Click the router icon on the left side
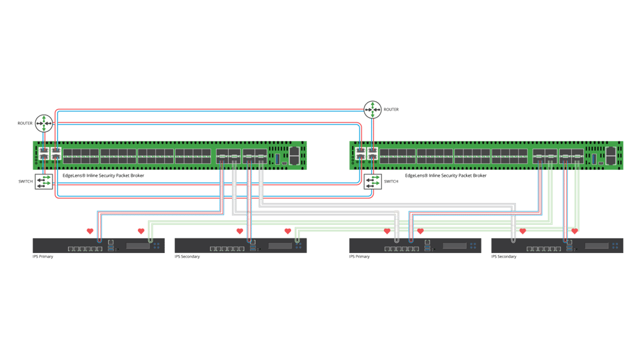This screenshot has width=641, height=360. (x=44, y=122)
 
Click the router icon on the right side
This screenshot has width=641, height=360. (x=372, y=110)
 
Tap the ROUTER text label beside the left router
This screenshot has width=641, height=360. (x=26, y=122)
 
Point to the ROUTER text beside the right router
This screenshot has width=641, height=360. (x=391, y=110)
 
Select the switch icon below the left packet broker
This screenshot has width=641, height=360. (x=44, y=183)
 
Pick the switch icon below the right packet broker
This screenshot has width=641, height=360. (x=372, y=182)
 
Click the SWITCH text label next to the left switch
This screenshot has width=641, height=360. (x=26, y=183)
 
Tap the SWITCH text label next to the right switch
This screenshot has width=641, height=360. (x=390, y=182)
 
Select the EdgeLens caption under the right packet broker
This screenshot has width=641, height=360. (x=438, y=174)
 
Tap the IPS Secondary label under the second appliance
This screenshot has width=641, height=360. (x=188, y=257)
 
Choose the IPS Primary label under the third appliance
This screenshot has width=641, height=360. (x=360, y=257)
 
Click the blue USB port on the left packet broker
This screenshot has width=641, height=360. (x=278, y=156)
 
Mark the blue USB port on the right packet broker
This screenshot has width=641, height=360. (x=594, y=156)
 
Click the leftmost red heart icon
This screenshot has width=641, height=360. (x=90, y=231)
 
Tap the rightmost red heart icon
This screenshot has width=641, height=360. (x=575, y=231)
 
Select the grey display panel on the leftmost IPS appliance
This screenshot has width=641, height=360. (x=137, y=246)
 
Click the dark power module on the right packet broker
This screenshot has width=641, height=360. (x=610, y=155)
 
